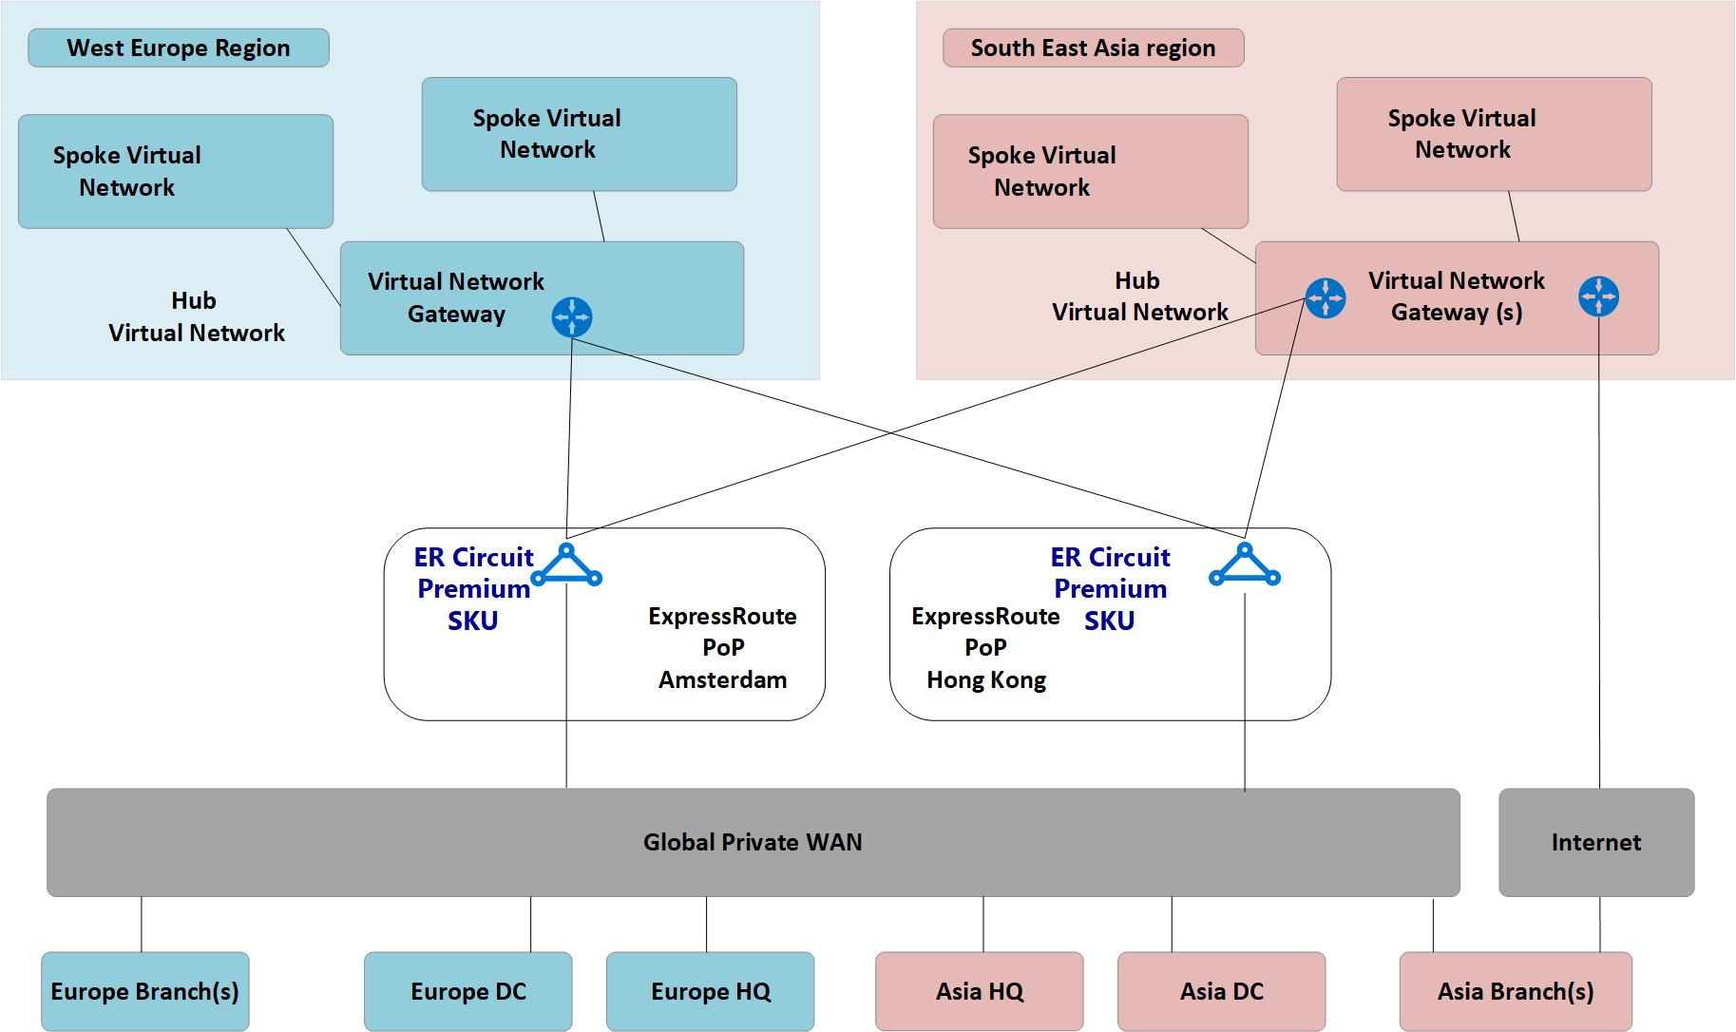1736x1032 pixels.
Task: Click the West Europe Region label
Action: (179, 48)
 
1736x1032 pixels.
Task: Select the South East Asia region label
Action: (1093, 48)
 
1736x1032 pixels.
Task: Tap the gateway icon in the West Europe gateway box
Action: (572, 317)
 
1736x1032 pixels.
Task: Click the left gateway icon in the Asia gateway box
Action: (1326, 298)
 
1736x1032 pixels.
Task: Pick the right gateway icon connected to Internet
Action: (1599, 296)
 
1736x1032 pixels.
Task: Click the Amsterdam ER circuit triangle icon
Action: (567, 566)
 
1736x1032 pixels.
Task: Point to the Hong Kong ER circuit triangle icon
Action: (1245, 566)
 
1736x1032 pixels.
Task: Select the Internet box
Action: (1596, 842)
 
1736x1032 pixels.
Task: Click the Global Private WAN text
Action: (753, 842)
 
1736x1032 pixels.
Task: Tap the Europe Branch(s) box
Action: (145, 991)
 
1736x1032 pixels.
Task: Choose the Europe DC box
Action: (468, 991)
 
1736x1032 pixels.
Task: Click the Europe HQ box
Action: (711, 991)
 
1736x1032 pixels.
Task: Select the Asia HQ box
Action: (980, 991)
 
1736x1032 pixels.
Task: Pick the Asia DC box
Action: (1222, 991)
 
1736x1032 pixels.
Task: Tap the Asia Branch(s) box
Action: (1516, 991)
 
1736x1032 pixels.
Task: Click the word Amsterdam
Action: (723, 680)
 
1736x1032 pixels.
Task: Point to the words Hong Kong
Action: (986, 680)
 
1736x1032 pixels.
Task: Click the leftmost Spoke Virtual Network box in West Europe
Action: (176, 172)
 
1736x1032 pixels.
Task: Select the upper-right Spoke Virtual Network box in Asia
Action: (1494, 134)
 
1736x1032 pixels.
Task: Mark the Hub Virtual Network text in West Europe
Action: (196, 317)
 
